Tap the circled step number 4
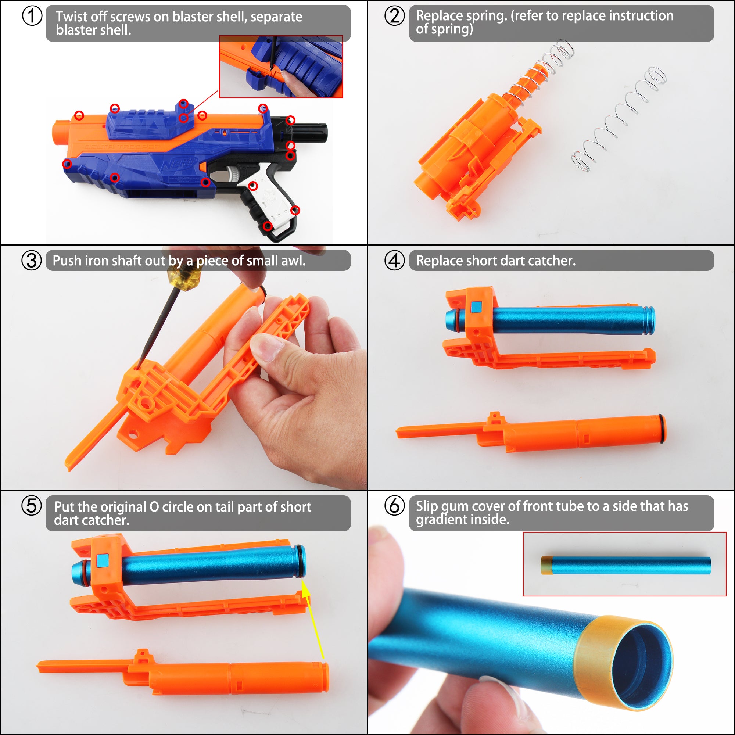coord(394,261)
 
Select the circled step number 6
coord(394,506)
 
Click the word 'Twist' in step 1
coord(71,17)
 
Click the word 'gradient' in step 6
coord(441,520)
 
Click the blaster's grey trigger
coord(235,174)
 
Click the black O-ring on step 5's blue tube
coord(300,562)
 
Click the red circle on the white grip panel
coord(253,186)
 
